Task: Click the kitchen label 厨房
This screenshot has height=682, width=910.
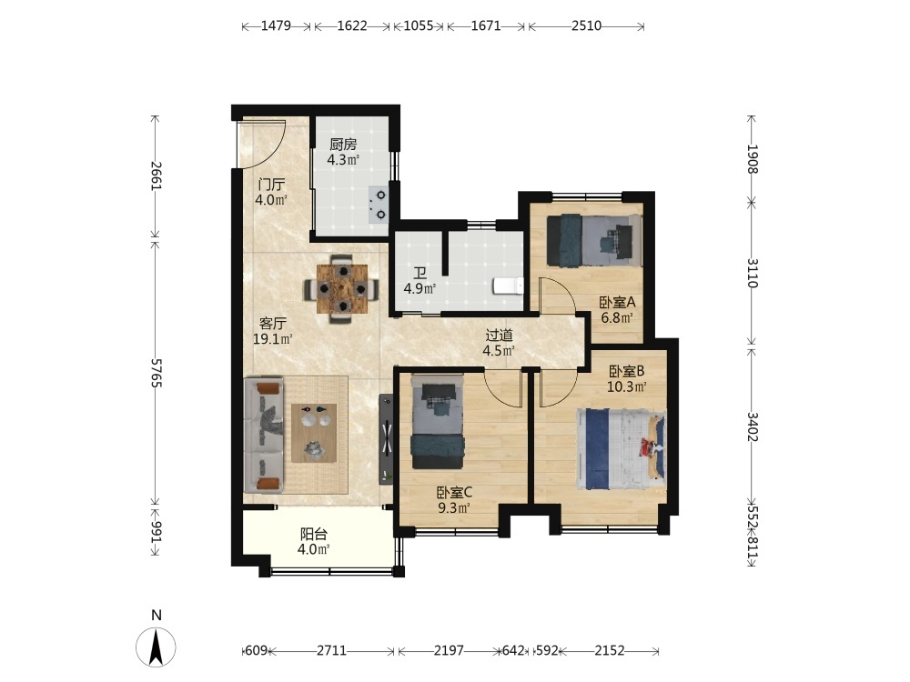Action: [343, 145]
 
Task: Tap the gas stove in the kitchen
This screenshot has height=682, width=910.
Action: [378, 205]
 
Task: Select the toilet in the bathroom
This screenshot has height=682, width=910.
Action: [508, 286]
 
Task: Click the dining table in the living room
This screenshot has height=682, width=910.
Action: [342, 288]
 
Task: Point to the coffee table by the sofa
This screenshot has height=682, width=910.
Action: [314, 433]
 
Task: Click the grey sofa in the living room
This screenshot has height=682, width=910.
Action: [264, 436]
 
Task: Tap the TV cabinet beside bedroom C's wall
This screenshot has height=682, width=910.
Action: [387, 439]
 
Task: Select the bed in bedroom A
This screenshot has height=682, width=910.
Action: [594, 240]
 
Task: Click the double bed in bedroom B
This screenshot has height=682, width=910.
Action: [621, 449]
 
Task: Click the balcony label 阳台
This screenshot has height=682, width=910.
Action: [314, 534]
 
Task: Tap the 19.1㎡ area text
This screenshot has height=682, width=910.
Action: [272, 339]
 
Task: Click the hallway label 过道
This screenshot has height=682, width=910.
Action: [499, 336]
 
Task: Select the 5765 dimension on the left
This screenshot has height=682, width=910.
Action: [157, 373]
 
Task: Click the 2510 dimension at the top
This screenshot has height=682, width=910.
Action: [586, 25]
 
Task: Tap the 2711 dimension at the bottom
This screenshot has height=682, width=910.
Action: [331, 651]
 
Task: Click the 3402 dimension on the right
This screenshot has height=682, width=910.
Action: [753, 426]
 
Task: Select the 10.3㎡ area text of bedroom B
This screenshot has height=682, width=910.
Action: [627, 386]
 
